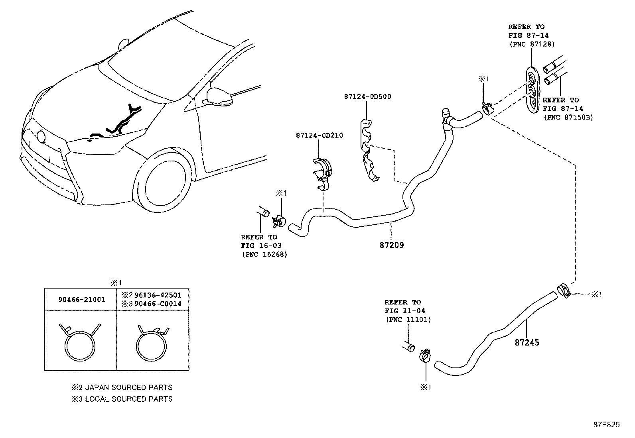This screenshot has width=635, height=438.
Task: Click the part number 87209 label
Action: (391, 245)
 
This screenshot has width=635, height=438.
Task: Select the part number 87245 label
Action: (527, 342)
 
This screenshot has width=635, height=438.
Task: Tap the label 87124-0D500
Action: (367, 96)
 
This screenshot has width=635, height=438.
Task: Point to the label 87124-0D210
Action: (319, 136)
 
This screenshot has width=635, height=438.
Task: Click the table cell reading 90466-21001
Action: (82, 299)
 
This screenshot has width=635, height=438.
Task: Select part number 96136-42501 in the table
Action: (158, 295)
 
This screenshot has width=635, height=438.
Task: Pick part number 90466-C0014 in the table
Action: (158, 304)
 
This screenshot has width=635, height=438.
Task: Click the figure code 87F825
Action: (606, 425)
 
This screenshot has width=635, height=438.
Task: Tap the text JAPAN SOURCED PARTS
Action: (128, 387)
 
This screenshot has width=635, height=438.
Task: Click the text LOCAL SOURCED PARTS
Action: (128, 399)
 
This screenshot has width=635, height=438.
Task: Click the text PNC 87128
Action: (531, 44)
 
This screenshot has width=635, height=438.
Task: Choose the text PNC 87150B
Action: (568, 117)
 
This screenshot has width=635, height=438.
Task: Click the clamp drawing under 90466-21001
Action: (80, 343)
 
